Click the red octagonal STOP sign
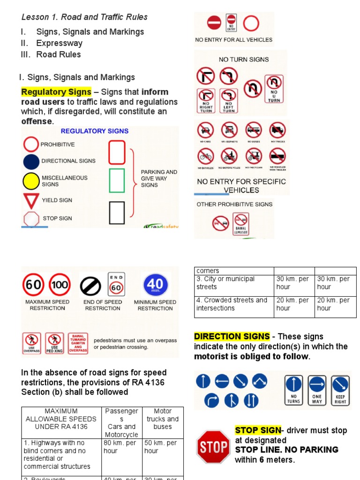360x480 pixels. click(214, 447)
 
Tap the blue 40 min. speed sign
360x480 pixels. click(155, 285)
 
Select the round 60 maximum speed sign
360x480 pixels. click(33, 285)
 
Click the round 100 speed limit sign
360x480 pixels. click(60, 285)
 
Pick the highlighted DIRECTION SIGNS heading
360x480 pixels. click(232, 337)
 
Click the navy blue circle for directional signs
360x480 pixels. click(31, 161)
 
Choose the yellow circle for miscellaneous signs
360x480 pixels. click(31, 181)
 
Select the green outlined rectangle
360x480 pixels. click(117, 180)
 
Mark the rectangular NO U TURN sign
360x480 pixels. click(274, 89)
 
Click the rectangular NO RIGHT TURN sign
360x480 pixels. click(206, 101)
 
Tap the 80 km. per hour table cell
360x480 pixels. click(121, 447)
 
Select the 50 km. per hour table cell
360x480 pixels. click(163, 447)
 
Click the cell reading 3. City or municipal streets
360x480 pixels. click(234, 283)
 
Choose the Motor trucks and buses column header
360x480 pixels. click(163, 419)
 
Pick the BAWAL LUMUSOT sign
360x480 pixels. click(241, 224)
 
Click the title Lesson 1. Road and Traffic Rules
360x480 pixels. click(84, 17)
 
